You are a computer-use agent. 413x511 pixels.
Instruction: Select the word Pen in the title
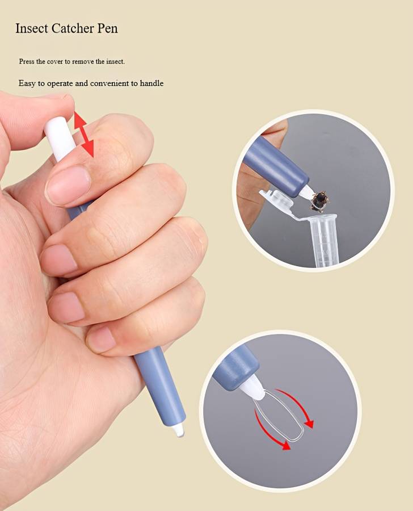(107, 28)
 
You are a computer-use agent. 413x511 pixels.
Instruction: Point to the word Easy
(27, 83)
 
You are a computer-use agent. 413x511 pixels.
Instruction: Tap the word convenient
(109, 83)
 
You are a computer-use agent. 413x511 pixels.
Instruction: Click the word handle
(151, 83)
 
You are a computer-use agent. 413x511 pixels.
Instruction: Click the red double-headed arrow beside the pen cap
(84, 134)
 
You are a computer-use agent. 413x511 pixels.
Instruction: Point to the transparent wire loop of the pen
(279, 414)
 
